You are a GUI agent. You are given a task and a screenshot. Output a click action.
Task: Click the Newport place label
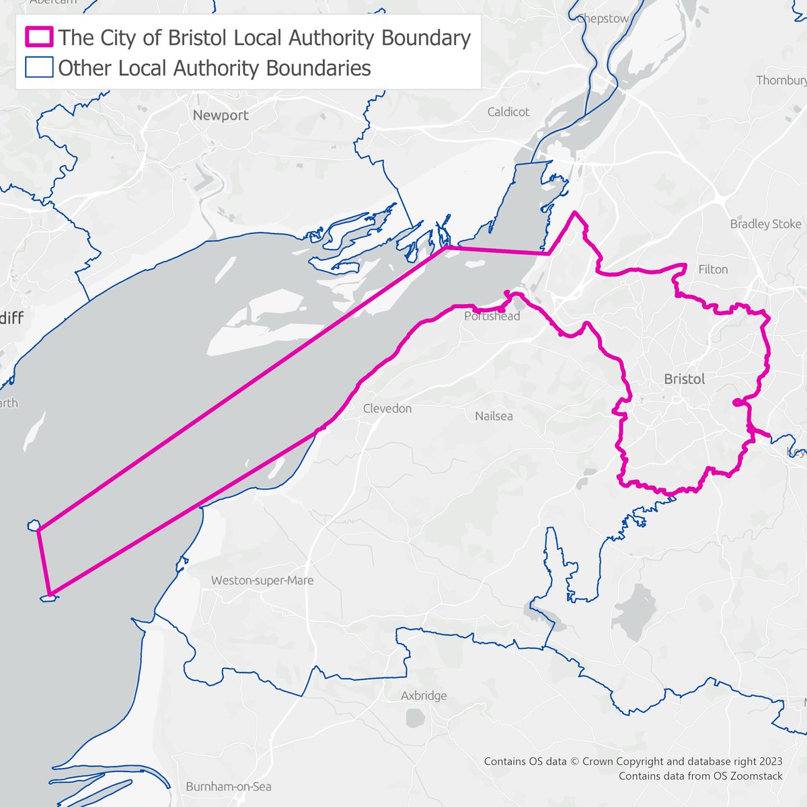(x=221, y=115)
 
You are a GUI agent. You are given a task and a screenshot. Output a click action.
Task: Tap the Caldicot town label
(x=508, y=112)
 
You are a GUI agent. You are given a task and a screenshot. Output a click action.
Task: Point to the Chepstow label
(x=603, y=19)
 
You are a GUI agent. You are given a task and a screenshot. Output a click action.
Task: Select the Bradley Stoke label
(x=765, y=224)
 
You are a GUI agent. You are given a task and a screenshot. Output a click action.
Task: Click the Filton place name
(x=713, y=269)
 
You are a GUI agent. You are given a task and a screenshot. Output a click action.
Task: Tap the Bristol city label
(x=685, y=379)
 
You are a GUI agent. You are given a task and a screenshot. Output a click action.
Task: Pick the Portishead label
(x=492, y=316)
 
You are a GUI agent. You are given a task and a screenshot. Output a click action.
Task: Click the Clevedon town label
(x=387, y=408)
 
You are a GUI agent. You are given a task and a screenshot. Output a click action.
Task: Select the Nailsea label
(x=494, y=416)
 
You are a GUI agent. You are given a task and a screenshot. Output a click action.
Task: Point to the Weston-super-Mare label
(x=262, y=580)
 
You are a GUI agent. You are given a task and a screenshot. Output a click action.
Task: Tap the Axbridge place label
(x=424, y=696)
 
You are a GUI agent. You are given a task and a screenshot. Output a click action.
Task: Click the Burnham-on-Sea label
(x=229, y=786)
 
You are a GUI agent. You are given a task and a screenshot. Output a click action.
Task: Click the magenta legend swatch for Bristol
(x=38, y=37)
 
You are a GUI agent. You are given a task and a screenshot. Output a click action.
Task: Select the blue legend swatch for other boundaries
(x=38, y=68)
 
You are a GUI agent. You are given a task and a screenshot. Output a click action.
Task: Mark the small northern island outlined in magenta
(x=33, y=525)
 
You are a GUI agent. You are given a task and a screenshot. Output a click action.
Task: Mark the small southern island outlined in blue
(x=48, y=597)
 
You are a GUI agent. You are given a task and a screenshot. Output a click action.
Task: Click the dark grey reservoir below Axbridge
(x=415, y=719)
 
